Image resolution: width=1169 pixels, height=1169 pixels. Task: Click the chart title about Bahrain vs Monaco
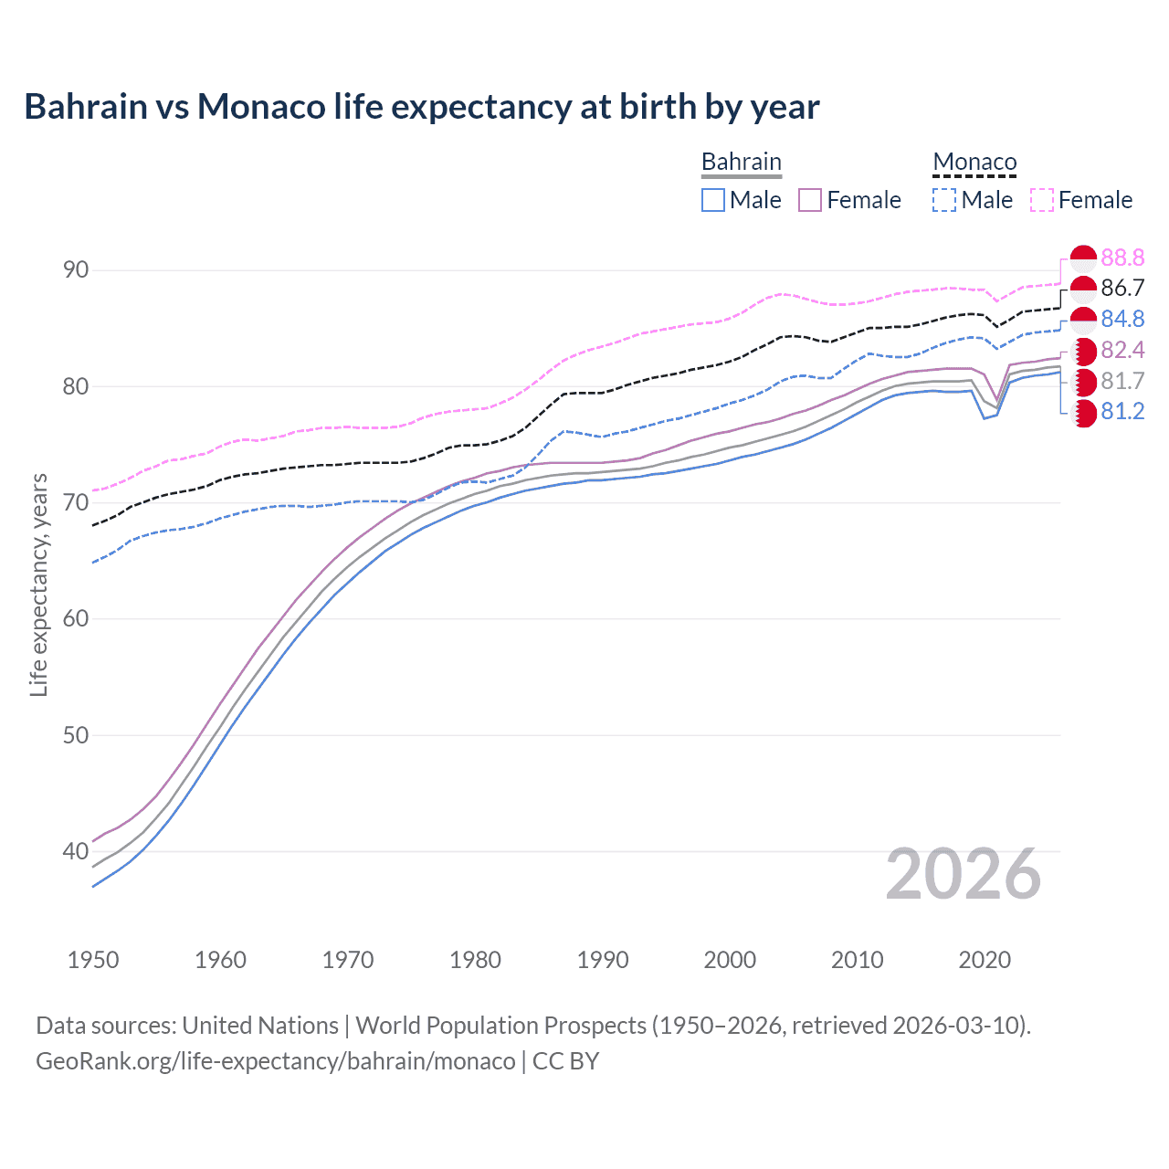coord(421,107)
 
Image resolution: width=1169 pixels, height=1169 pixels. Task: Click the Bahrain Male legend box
coord(713,200)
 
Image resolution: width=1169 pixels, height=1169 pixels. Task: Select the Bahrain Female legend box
coord(810,200)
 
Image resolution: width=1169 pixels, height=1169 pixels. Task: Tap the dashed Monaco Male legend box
coord(944,200)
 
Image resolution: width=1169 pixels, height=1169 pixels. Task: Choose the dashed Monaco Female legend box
coord(1042,200)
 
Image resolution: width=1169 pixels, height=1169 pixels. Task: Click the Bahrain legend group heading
coord(741,162)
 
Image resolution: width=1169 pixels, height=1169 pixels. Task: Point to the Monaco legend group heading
coord(974,162)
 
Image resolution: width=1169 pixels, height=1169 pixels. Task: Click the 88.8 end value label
coord(1122,258)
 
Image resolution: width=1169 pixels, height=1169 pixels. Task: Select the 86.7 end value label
coord(1122,289)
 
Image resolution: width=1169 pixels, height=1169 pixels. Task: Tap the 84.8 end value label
coord(1122,319)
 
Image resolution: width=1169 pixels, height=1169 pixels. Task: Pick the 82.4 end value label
coord(1122,350)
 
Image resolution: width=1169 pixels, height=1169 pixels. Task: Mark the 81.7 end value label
coord(1122,381)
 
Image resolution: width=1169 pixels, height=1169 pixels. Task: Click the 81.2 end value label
coord(1122,412)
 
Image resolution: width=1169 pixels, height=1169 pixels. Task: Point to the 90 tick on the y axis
coord(76,270)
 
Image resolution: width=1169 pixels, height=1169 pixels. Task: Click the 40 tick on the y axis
coord(76,851)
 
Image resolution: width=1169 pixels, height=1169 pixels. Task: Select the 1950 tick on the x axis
coord(93,960)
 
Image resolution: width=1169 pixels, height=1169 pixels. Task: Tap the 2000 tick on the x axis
coord(730,960)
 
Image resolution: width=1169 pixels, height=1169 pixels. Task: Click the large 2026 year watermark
coord(964,875)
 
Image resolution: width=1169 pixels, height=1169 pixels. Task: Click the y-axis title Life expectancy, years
coord(39,584)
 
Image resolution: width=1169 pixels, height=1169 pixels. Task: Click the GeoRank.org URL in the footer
coord(275,1061)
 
